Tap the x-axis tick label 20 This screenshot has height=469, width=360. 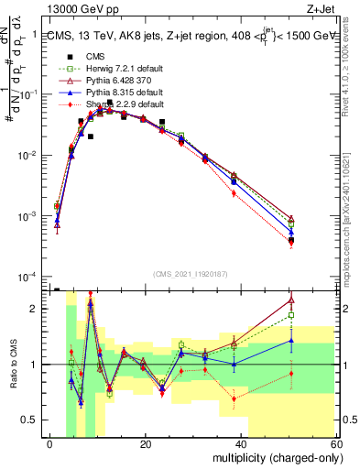(146, 444)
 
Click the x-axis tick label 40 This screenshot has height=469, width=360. (242, 444)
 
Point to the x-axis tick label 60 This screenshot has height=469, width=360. (336, 444)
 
